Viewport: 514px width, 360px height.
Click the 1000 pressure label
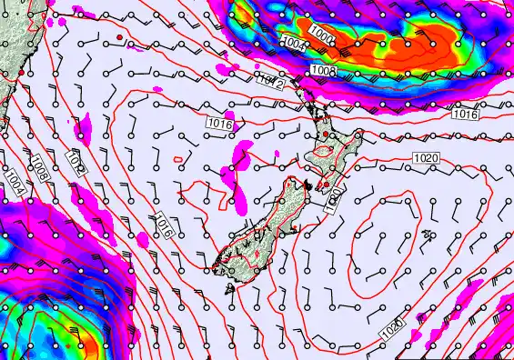320,34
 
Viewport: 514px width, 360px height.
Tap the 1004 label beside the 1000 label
294,43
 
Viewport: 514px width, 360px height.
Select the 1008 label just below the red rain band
324,70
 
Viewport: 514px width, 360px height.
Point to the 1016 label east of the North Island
464,115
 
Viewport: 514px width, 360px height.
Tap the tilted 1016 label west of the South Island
160,224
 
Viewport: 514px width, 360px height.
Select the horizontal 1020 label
426,158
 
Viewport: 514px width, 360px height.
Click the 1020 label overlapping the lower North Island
333,201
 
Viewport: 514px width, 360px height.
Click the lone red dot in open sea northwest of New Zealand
119,37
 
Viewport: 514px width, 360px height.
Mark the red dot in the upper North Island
326,134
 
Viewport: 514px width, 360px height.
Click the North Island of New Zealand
333,159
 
